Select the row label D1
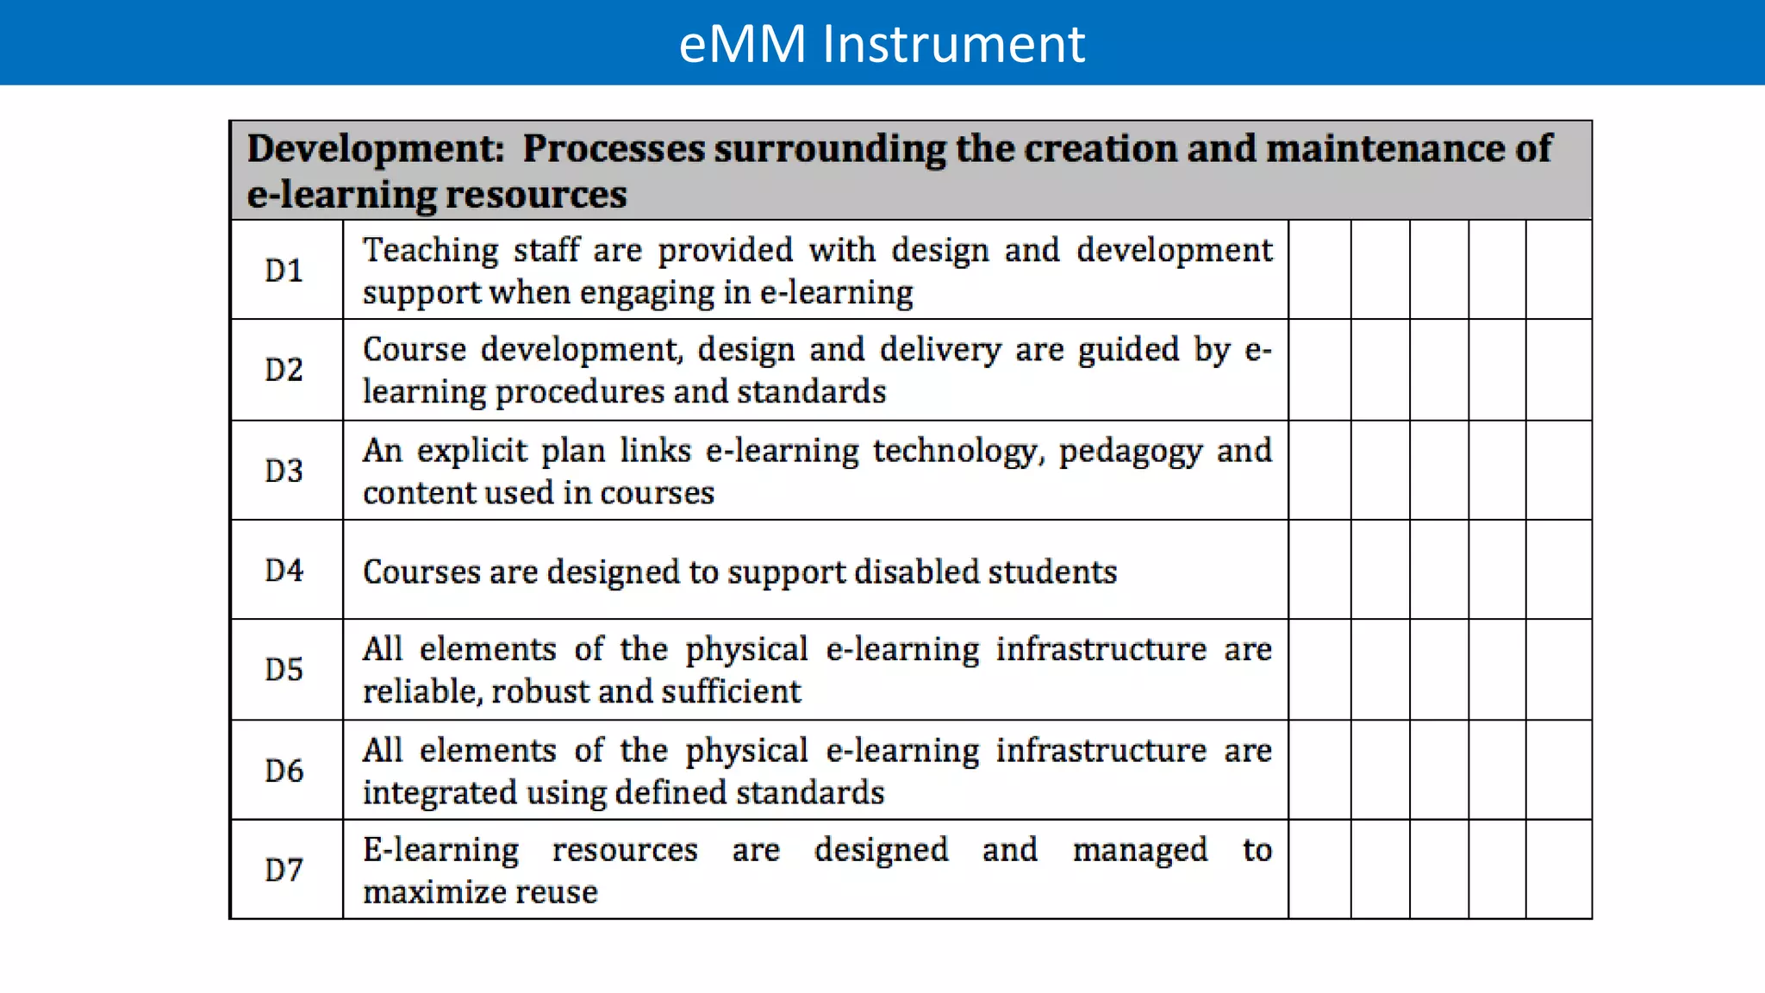(x=284, y=271)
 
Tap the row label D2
(x=284, y=370)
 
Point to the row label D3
(x=284, y=471)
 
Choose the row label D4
(x=284, y=570)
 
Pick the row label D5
(x=284, y=670)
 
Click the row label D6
(x=284, y=771)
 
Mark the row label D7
(x=284, y=870)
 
